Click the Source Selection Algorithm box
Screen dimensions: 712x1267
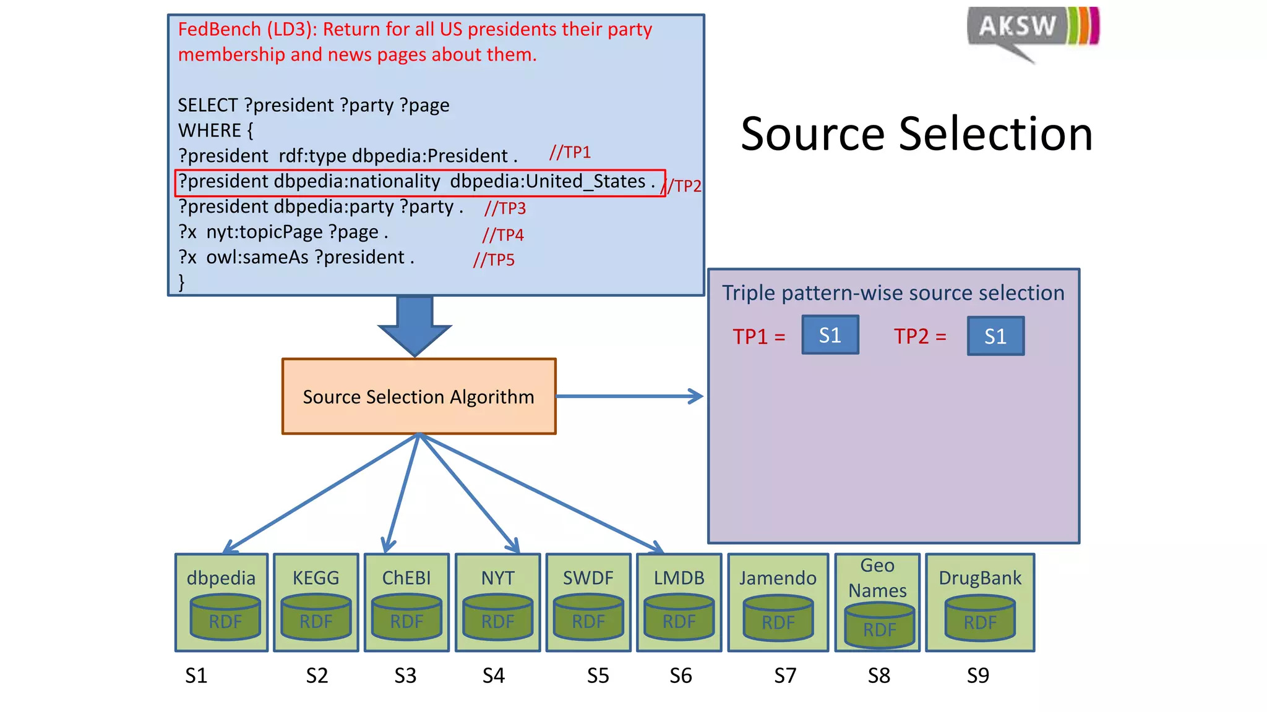[419, 396]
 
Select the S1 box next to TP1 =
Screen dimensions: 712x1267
[830, 335]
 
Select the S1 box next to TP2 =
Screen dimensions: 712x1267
[995, 336]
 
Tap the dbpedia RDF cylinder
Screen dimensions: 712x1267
[225, 617]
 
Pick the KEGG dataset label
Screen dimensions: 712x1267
[316, 578]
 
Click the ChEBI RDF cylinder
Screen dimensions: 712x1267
[406, 617]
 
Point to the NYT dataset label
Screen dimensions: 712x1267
[498, 578]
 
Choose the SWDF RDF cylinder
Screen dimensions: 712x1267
[588, 617]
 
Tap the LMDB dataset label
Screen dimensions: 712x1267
[679, 578]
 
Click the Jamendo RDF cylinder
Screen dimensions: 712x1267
[778, 619]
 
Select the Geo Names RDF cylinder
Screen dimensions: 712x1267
[880, 626]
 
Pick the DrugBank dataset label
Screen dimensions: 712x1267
[980, 578]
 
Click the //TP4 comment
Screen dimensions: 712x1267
[503, 235]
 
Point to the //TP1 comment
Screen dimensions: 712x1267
[570, 152]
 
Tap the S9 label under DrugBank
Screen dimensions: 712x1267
[978, 676]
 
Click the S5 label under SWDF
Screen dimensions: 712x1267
[598, 676]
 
